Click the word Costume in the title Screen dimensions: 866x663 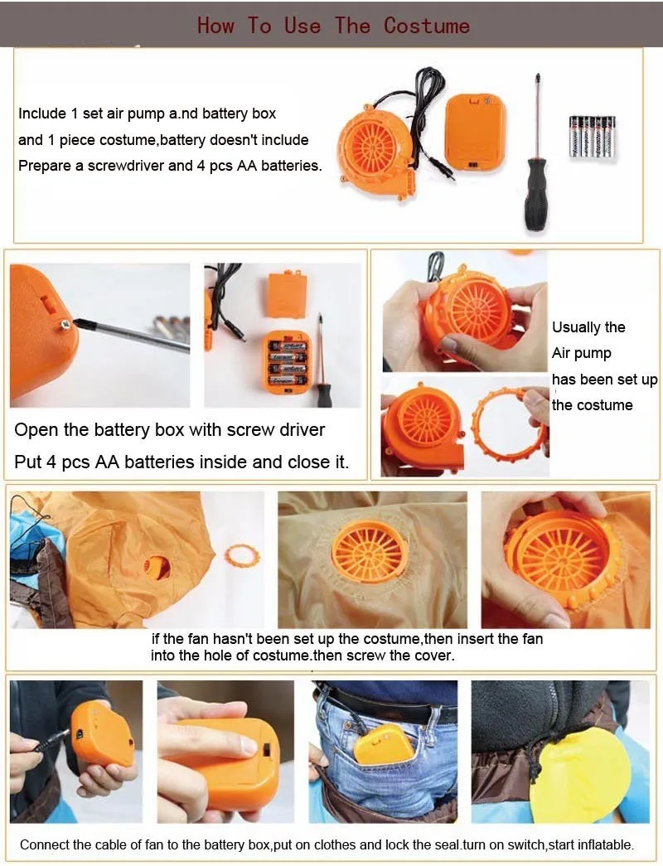pos(426,25)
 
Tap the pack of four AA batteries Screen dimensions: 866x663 pos(592,136)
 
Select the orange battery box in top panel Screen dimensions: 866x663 pos(474,131)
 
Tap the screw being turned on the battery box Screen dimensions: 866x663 pos(64,325)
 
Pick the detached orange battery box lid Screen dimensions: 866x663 pos(287,294)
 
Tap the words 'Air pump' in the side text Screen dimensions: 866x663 pos(582,353)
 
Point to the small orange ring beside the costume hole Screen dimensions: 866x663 pos(241,554)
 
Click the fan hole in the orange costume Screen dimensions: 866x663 pos(157,567)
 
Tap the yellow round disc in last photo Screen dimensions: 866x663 pos(579,775)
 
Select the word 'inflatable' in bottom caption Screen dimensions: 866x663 pos(603,845)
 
